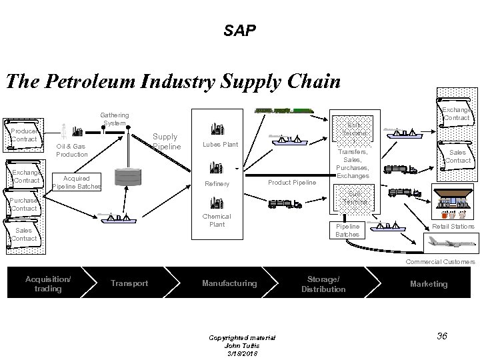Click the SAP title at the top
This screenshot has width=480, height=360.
(x=239, y=31)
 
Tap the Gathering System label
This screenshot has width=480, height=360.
(x=115, y=118)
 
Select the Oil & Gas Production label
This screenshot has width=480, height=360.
(x=71, y=150)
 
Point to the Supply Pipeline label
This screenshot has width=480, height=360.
(x=166, y=141)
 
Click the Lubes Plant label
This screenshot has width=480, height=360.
(x=221, y=144)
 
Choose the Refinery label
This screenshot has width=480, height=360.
(x=218, y=184)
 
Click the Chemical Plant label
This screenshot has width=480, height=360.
(x=217, y=220)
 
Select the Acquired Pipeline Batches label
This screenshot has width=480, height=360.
(x=76, y=182)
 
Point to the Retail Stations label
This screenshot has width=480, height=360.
(x=453, y=227)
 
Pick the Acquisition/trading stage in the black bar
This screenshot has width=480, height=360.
(x=48, y=283)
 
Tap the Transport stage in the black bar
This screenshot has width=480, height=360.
(x=129, y=283)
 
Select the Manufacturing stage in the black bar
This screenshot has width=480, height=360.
(x=229, y=283)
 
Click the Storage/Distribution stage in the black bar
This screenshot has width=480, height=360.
(x=323, y=283)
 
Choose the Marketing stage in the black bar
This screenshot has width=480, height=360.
(x=429, y=283)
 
